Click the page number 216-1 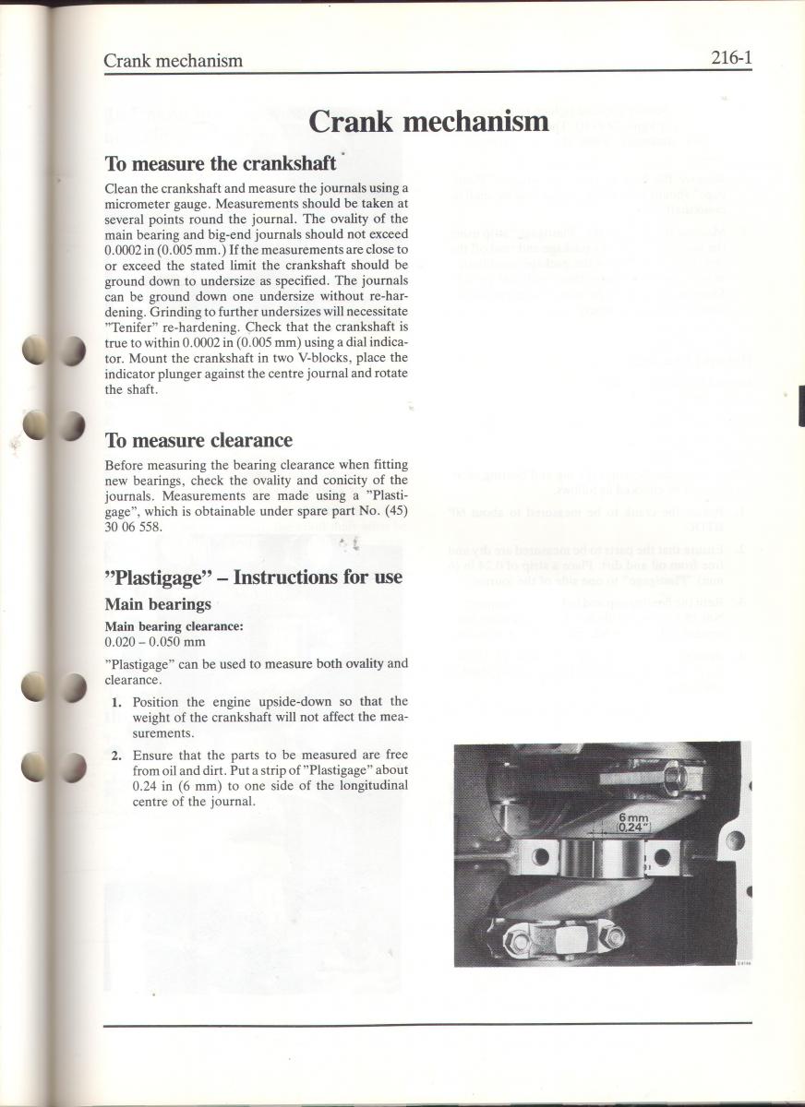(731, 59)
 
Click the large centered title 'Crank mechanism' (428, 121)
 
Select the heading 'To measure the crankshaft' (220, 164)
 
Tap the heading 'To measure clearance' (198, 440)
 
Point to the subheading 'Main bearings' (158, 604)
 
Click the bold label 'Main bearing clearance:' (174, 625)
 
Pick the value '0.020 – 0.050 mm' (155, 641)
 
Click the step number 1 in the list (116, 702)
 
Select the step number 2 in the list (116, 755)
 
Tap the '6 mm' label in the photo (633, 817)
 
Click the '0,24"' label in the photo (633, 828)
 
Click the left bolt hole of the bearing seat (541, 858)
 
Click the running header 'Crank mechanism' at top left (173, 61)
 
